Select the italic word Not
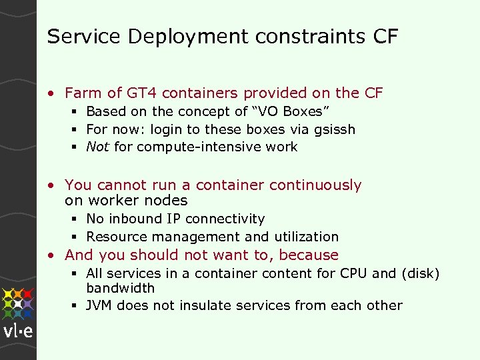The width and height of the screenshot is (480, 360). click(x=98, y=147)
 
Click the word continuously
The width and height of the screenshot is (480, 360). click(x=313, y=185)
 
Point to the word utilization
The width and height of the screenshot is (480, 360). click(x=306, y=237)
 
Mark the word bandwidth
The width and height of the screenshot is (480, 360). click(x=120, y=288)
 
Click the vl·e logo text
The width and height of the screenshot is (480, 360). click(x=18, y=333)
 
